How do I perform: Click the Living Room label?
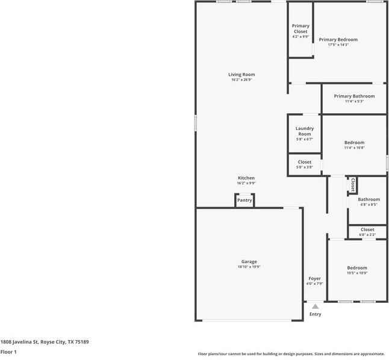[x=241, y=75]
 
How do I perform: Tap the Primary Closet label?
[x=300, y=28]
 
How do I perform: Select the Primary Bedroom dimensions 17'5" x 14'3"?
[x=338, y=45]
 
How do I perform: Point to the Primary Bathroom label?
[x=354, y=96]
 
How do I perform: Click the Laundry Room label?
[x=305, y=131]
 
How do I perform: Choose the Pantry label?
[x=244, y=200]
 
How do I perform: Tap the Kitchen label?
[x=246, y=178]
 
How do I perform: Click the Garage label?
[x=249, y=261]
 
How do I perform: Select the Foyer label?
[x=315, y=278]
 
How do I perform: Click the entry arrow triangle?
[x=315, y=306]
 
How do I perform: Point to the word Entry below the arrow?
[x=315, y=314]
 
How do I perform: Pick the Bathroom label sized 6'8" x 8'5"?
[x=369, y=199]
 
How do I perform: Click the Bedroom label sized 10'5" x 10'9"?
[x=356, y=268]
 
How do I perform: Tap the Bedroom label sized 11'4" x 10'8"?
[x=354, y=143]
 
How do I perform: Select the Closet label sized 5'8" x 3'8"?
[x=305, y=162]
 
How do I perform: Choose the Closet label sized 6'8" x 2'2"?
[x=367, y=229]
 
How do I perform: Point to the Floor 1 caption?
[x=8, y=352]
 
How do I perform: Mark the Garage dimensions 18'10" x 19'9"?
[x=249, y=267]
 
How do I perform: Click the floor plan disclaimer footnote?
[x=291, y=354]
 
